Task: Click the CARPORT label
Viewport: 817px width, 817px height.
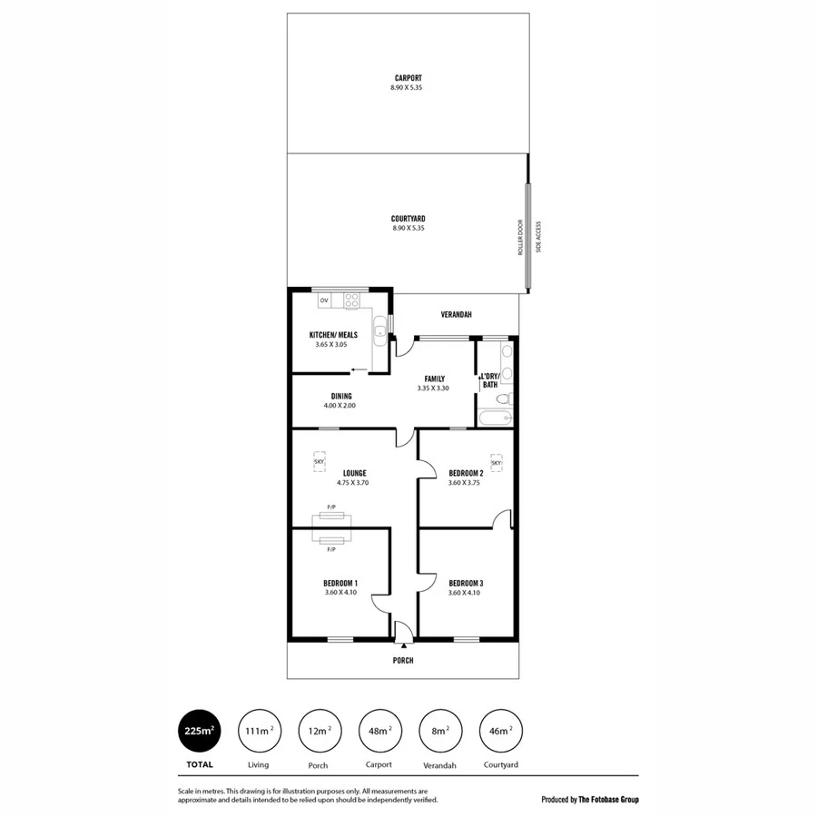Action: tap(408, 78)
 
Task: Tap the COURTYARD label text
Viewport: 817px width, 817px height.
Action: tap(408, 219)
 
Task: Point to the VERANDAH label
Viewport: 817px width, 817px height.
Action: tap(455, 315)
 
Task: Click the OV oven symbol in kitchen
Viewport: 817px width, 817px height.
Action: tap(324, 300)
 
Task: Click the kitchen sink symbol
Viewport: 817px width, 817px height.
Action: tap(381, 330)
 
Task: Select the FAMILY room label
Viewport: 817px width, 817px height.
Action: tap(434, 379)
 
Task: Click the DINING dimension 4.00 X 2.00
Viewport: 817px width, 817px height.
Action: tap(340, 406)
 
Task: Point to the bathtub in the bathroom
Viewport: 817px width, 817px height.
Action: tap(496, 418)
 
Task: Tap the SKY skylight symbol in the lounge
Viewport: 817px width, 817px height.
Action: tap(319, 462)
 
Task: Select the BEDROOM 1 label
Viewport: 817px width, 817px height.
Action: tap(340, 583)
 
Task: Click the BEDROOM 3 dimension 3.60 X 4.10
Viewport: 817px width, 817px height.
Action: tap(463, 593)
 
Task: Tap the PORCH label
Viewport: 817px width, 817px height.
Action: tap(403, 660)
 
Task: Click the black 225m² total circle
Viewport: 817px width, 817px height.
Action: tap(200, 730)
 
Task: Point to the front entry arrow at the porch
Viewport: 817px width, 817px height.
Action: tap(403, 644)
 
